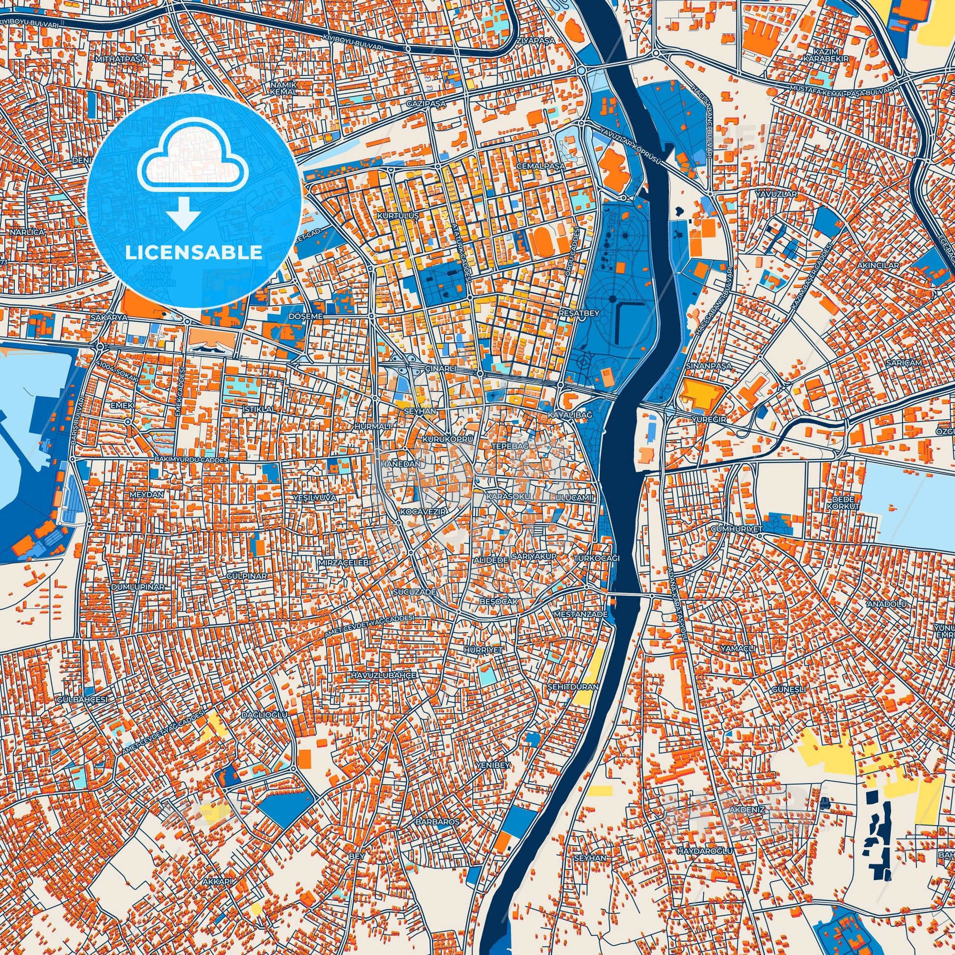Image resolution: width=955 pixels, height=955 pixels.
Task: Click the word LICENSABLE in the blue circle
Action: click(x=194, y=253)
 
